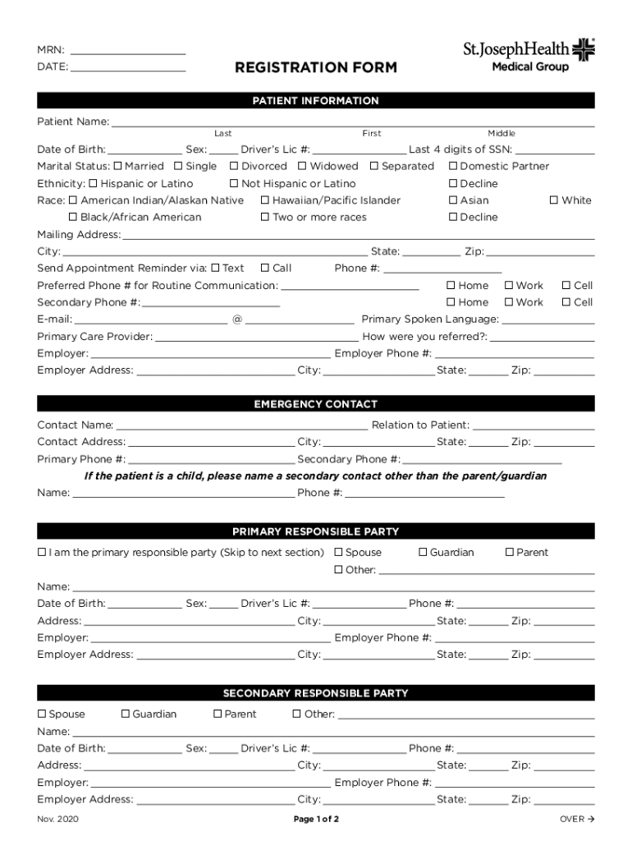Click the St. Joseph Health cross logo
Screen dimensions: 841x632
click(583, 50)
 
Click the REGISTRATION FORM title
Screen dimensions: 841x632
click(316, 67)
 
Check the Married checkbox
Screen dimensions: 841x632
click(118, 166)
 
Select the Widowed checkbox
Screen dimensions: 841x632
click(303, 166)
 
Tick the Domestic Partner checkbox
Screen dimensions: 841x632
click(453, 166)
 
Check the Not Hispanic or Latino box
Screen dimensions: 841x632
click(234, 183)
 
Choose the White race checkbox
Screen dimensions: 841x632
click(554, 200)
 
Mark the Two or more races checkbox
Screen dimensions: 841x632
click(265, 218)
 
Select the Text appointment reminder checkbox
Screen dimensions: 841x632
click(215, 268)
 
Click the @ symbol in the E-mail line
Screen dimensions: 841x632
click(237, 319)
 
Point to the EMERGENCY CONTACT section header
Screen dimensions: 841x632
click(316, 404)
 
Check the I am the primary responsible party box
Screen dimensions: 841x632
click(42, 553)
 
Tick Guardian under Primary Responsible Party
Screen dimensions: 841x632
click(423, 553)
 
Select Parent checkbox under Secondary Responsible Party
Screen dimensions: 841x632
click(218, 715)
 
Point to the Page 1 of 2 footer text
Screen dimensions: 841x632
click(316, 819)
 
